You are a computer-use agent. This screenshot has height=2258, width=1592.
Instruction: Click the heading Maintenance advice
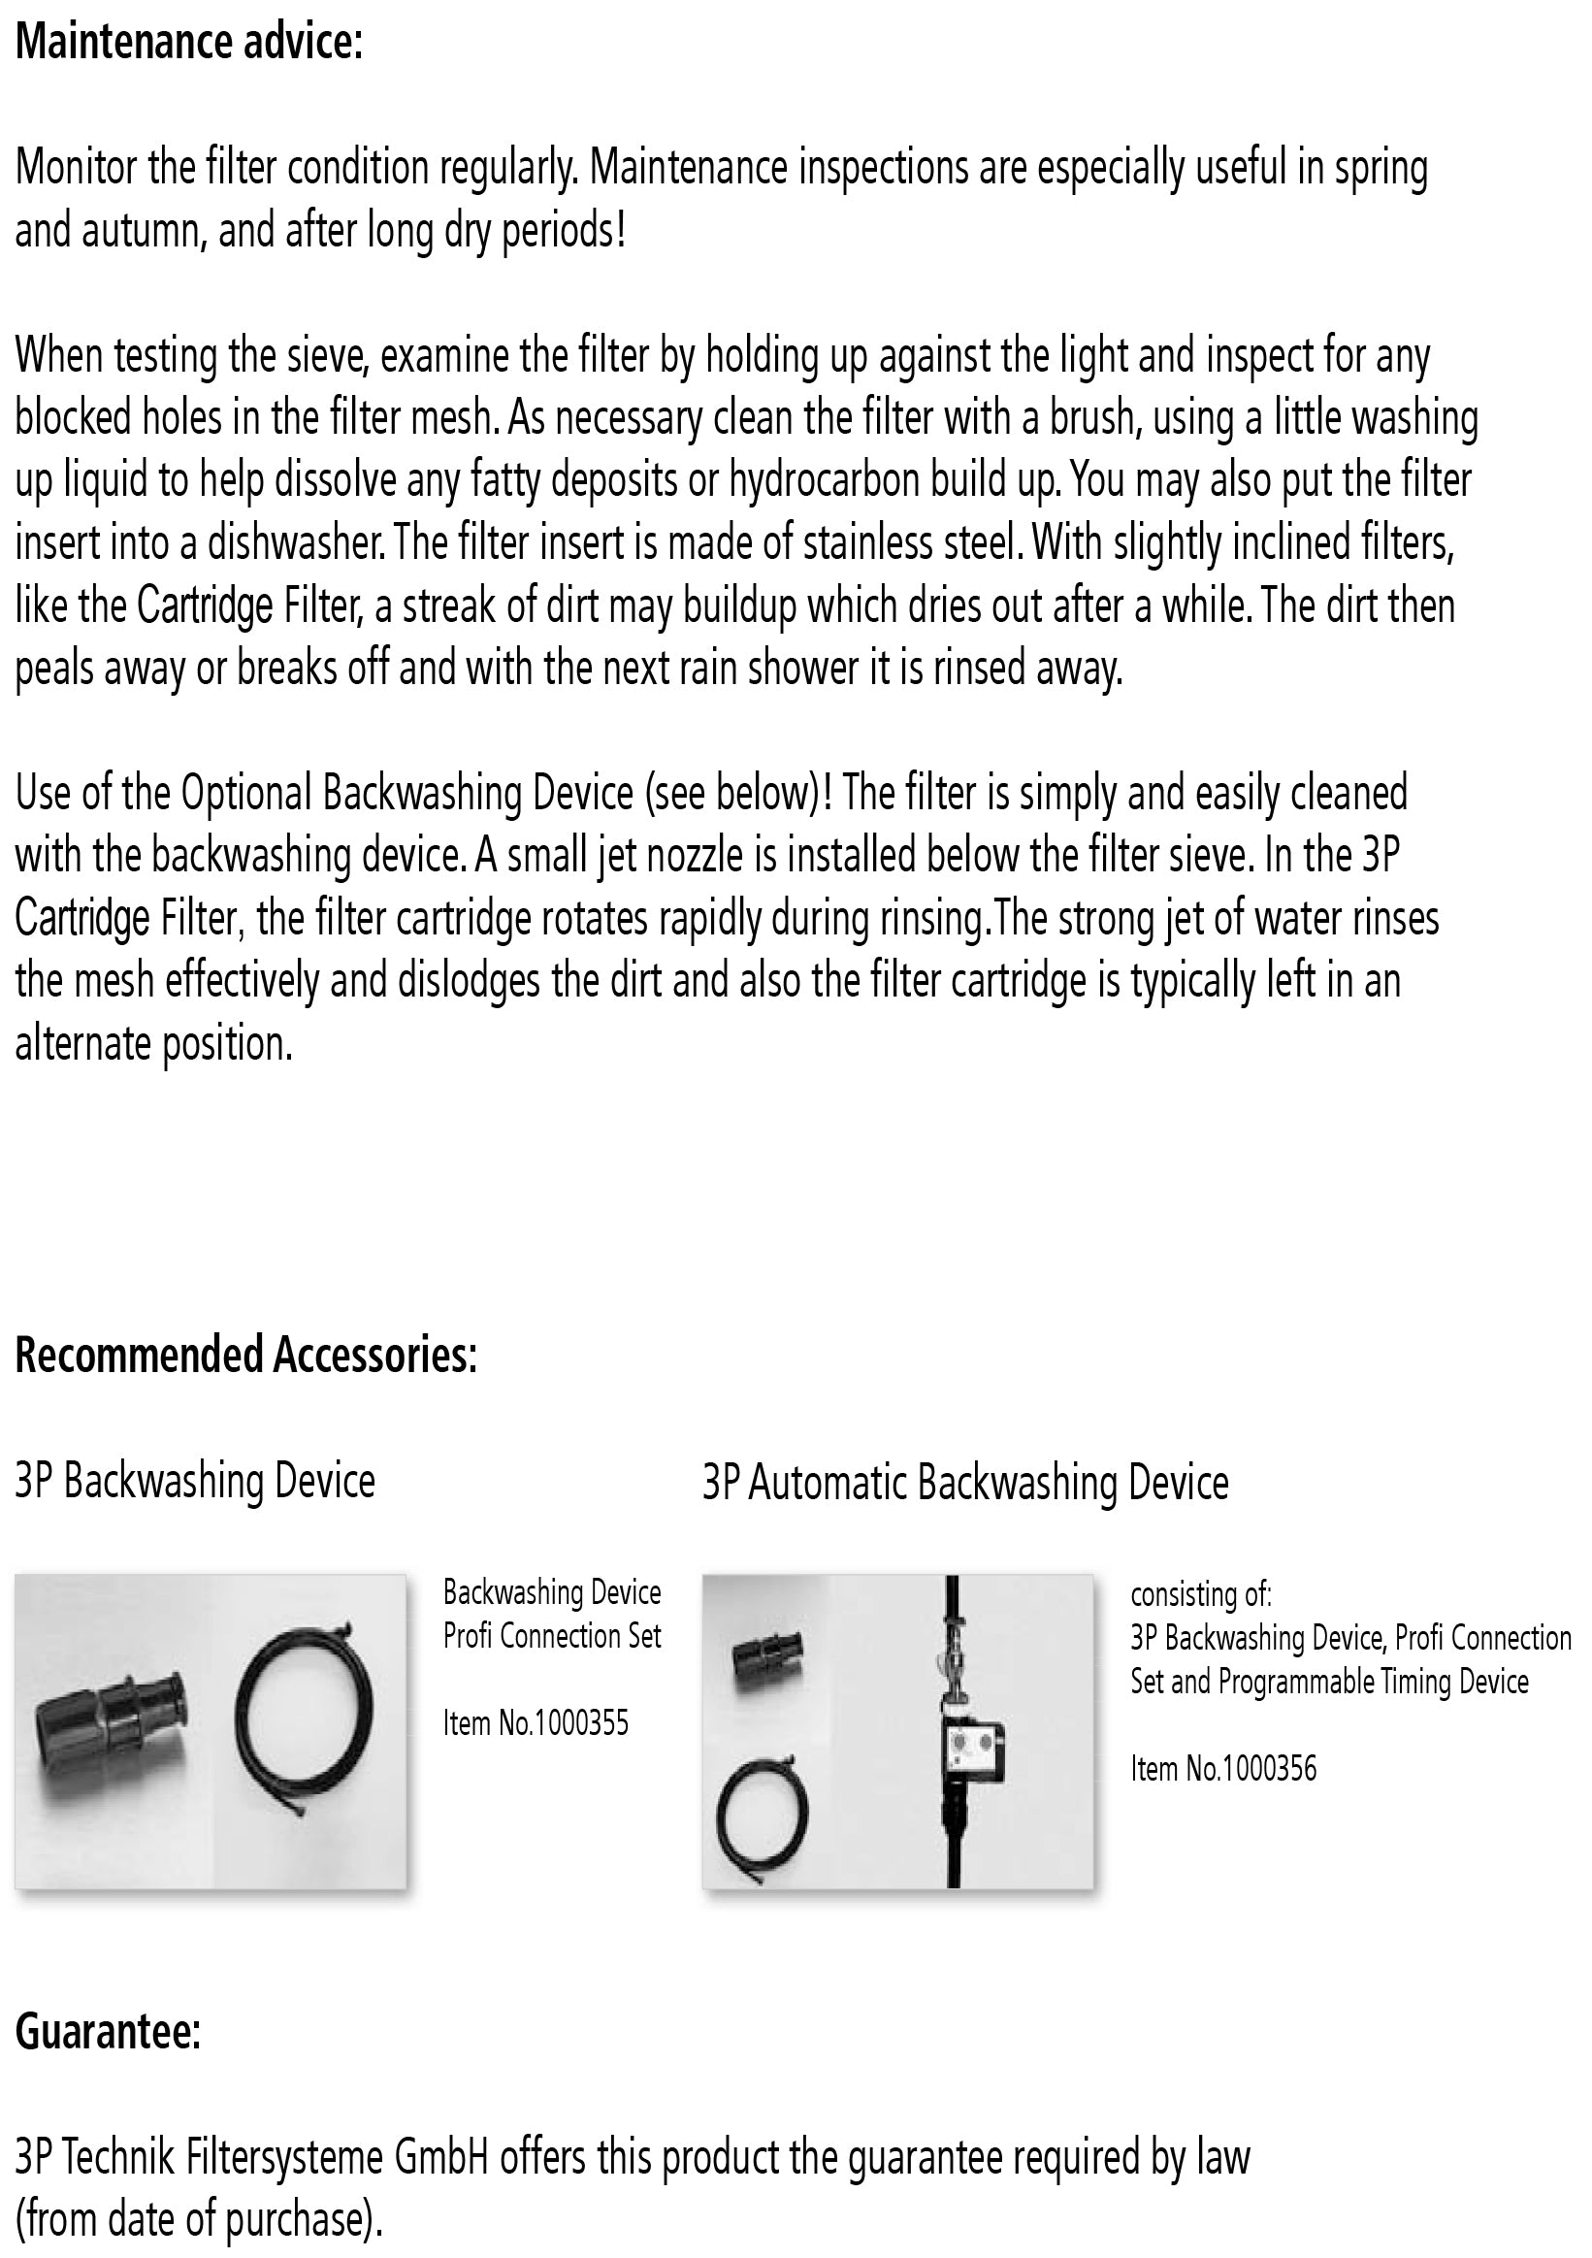[189, 43]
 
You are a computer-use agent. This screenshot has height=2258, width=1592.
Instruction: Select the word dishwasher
[281, 542]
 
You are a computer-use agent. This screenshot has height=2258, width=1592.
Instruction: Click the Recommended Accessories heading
[245, 1356]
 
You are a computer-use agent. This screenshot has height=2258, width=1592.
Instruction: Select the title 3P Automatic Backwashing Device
[964, 1482]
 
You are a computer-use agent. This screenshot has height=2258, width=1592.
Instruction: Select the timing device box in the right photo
[971, 1751]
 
